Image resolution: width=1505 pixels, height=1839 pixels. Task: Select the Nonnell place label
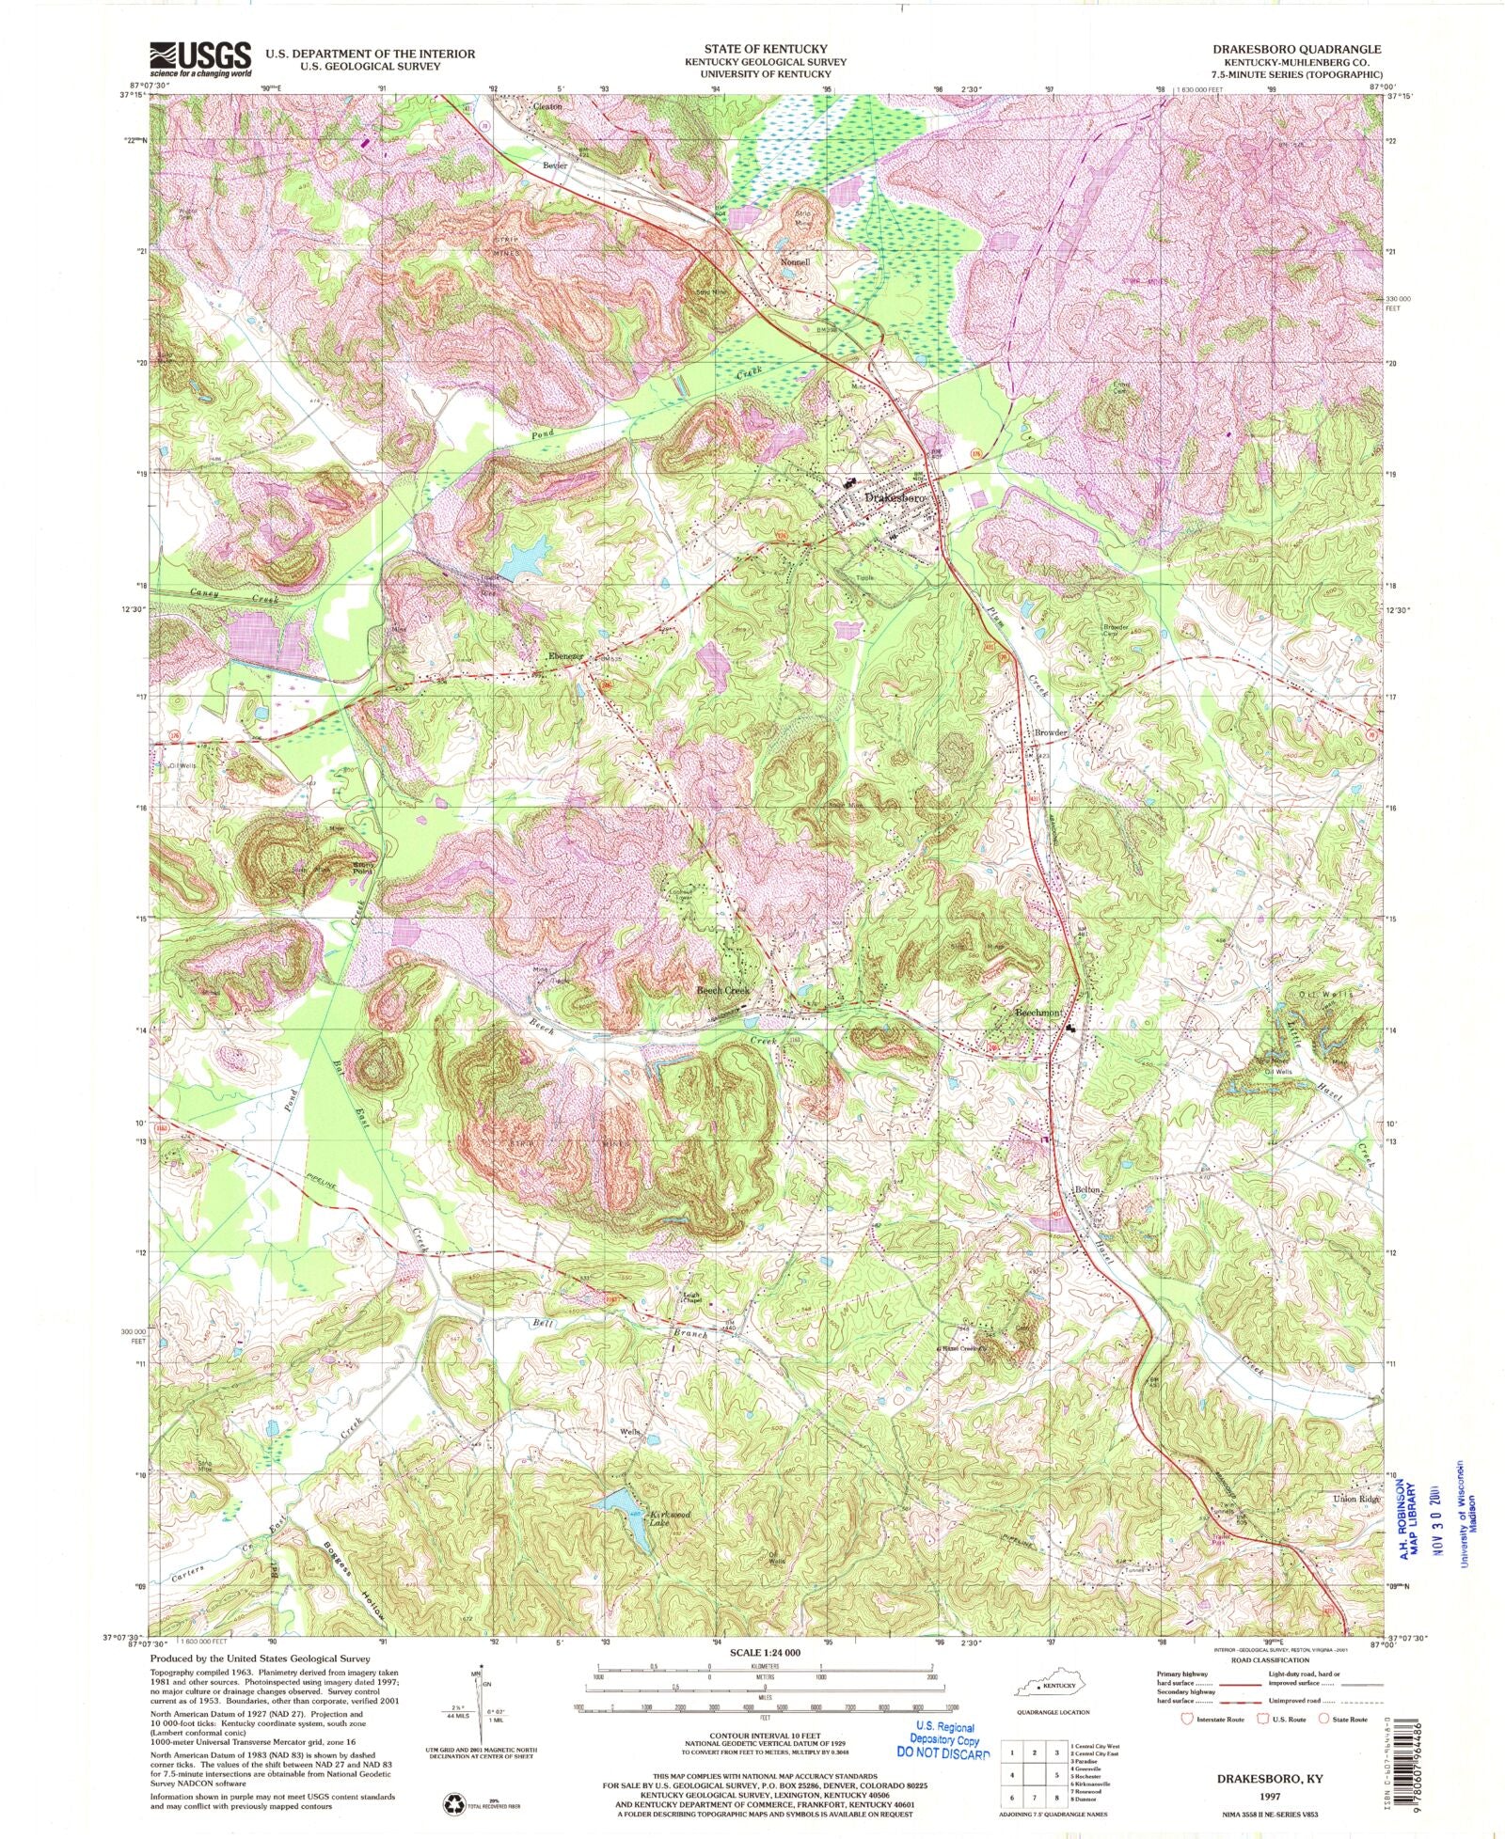pos(794,262)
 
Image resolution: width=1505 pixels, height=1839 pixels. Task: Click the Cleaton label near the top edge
pos(547,106)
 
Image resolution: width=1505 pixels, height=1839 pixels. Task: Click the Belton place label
pos(1087,1190)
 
